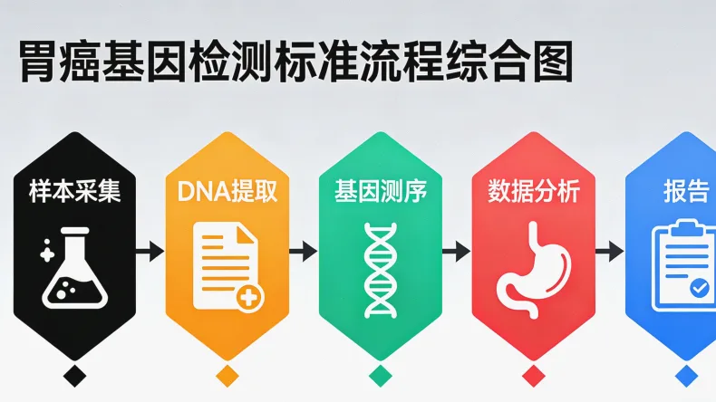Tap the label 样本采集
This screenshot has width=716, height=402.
click(74, 191)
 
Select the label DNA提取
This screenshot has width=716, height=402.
click(227, 191)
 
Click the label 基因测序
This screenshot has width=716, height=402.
click(380, 191)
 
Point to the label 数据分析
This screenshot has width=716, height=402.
click(533, 191)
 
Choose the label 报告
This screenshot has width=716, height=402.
click(685, 191)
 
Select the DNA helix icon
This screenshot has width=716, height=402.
click(380, 269)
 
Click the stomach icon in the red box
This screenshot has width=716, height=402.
click(533, 269)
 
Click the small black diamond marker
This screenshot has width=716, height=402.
click(74, 375)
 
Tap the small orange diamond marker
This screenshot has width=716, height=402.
click(227, 375)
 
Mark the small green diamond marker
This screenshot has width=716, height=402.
click(380, 375)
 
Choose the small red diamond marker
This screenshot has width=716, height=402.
click(533, 375)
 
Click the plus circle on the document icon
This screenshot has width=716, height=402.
click(249, 297)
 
